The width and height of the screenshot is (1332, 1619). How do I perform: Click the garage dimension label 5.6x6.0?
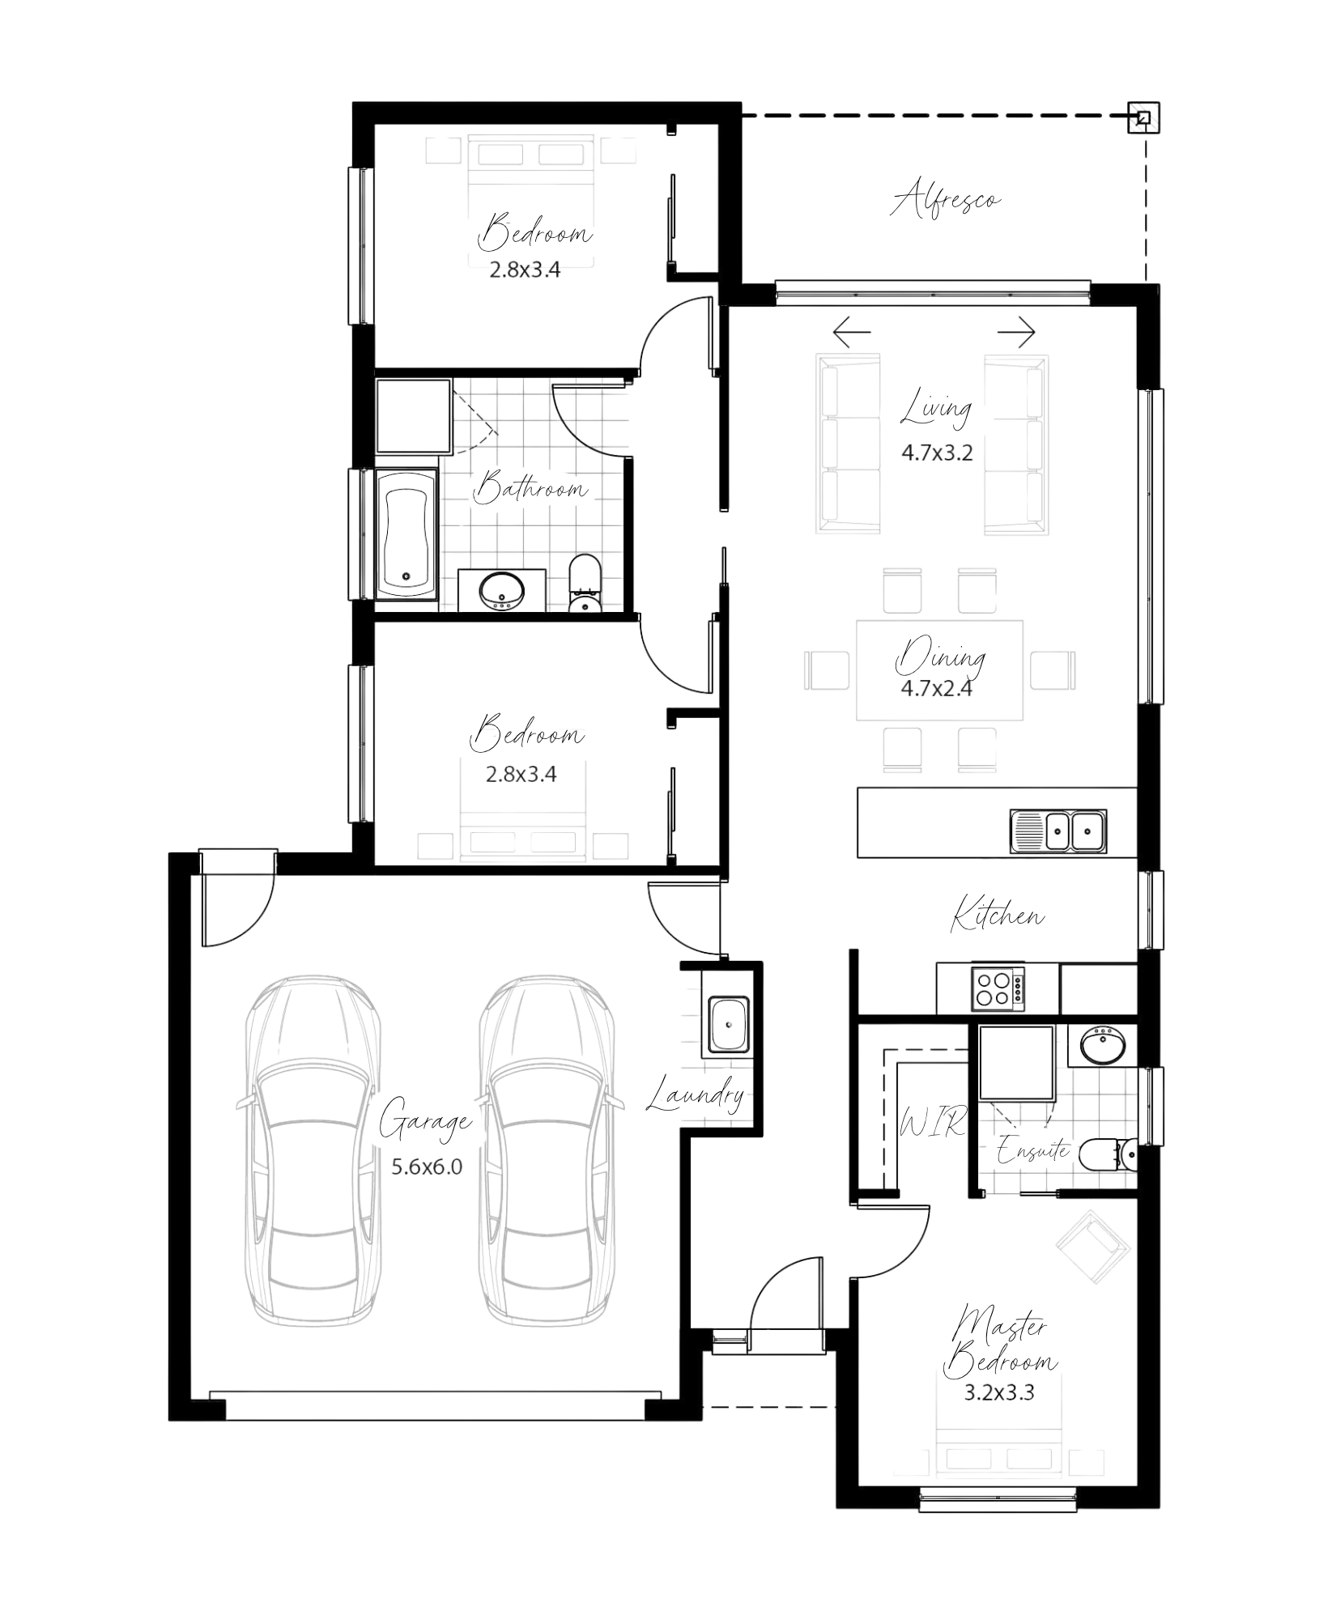click(x=427, y=1166)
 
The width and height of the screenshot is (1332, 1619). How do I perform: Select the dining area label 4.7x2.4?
click(x=936, y=689)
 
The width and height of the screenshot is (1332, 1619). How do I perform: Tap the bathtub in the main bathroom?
click(x=406, y=532)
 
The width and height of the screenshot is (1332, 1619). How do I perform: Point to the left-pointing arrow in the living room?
click(x=851, y=332)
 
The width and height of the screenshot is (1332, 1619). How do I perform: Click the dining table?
click(x=939, y=670)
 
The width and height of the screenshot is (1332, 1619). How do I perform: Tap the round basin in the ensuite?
click(x=1104, y=1044)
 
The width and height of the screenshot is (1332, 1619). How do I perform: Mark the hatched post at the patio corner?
click(x=1144, y=118)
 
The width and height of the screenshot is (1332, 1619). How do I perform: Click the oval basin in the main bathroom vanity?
click(x=500, y=589)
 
